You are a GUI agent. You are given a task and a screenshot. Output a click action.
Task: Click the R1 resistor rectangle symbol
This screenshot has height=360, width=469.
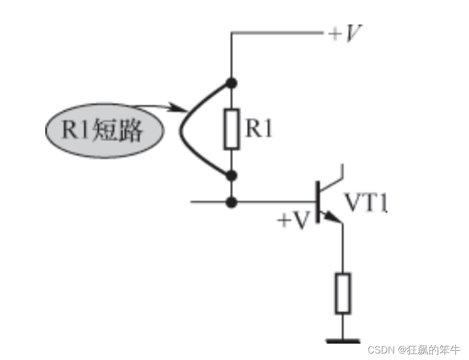pyautogui.click(x=232, y=129)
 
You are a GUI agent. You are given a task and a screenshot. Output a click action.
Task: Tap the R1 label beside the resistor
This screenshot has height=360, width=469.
pyautogui.click(x=259, y=129)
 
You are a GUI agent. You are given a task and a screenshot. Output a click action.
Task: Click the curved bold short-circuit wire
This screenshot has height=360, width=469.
pyautogui.click(x=188, y=130)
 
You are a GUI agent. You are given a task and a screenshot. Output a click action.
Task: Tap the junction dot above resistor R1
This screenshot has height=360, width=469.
pyautogui.click(x=232, y=83)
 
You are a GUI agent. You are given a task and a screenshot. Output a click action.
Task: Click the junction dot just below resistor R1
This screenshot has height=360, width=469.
pyautogui.click(x=232, y=175)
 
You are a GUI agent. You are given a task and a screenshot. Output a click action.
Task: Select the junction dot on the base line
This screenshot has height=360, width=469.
pyautogui.click(x=232, y=203)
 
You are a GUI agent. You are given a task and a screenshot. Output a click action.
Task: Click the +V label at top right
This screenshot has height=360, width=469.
pyautogui.click(x=345, y=34)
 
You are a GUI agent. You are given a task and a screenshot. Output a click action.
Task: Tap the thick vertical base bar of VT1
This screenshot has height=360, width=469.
pyautogui.click(x=318, y=203)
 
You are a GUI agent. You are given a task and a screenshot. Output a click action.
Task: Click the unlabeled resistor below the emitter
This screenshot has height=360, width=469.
pyautogui.click(x=342, y=293)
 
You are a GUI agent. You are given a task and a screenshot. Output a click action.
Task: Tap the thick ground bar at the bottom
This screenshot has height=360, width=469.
pyautogui.click(x=343, y=341)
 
